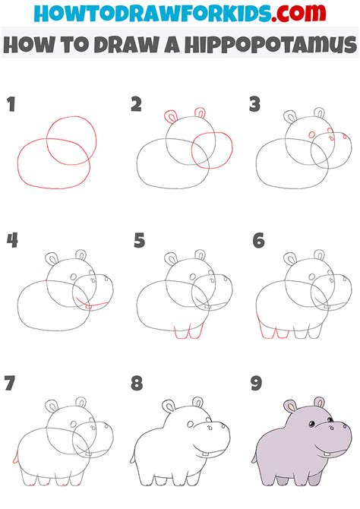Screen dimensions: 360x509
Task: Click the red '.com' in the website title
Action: pos(298,13)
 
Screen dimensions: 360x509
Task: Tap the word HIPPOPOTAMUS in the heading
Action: pos(271,45)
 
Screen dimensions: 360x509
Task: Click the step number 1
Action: pos(11,105)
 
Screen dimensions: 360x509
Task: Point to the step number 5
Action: pos(140,241)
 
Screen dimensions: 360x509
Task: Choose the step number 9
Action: pos(257,383)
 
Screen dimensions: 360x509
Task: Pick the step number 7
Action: pos(10,383)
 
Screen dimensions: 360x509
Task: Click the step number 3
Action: pos(255,105)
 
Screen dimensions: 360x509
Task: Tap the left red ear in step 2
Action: pos(171,116)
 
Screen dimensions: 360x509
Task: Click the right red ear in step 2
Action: pos(200,112)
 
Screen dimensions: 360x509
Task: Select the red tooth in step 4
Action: pos(88,306)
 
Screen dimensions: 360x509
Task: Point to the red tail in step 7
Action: pos(15,457)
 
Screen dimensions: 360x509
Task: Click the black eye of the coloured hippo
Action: pos(311,424)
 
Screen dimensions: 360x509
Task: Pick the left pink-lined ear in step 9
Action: pos(289,406)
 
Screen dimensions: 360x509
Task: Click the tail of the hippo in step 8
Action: pos(132,457)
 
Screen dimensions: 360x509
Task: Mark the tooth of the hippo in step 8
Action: pos(206,453)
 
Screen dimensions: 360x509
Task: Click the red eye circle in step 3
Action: pos(312,134)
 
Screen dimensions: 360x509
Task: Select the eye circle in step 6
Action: pos(312,277)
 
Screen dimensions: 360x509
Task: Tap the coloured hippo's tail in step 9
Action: pos(254,457)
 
